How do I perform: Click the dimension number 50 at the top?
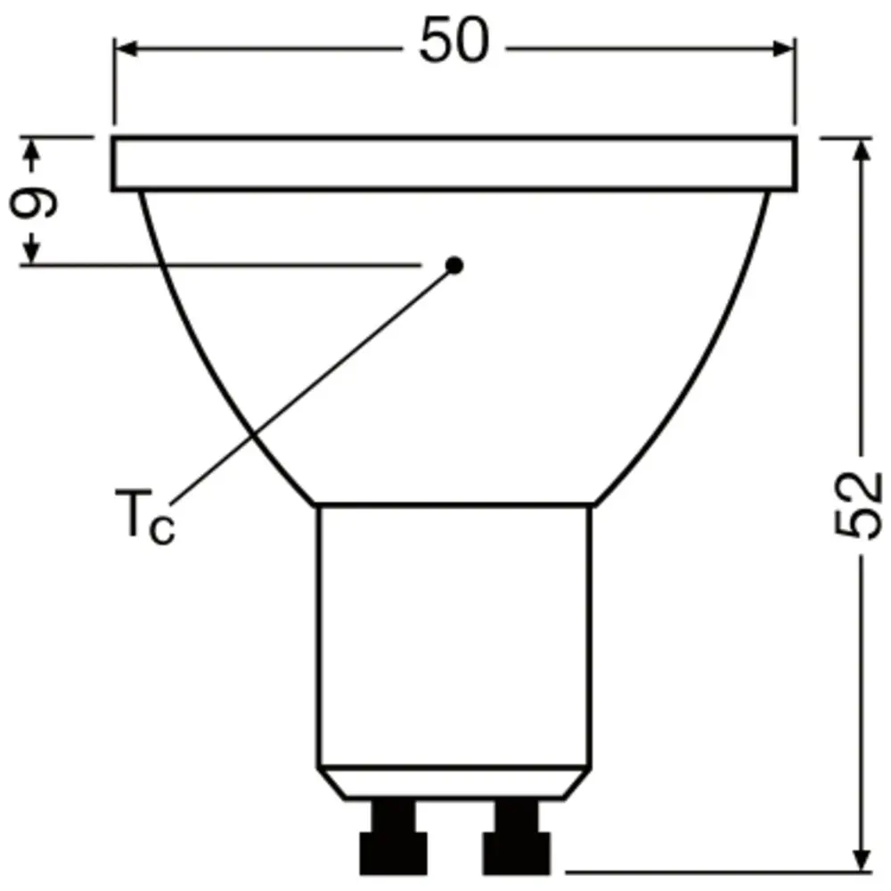(x=454, y=43)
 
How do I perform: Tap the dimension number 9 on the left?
(x=34, y=202)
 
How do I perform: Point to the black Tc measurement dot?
(x=454, y=265)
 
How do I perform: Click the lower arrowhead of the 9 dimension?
(x=34, y=253)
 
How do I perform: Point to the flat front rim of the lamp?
(x=454, y=164)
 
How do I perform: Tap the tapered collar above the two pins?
(x=454, y=784)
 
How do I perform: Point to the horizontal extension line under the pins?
(x=713, y=870)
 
